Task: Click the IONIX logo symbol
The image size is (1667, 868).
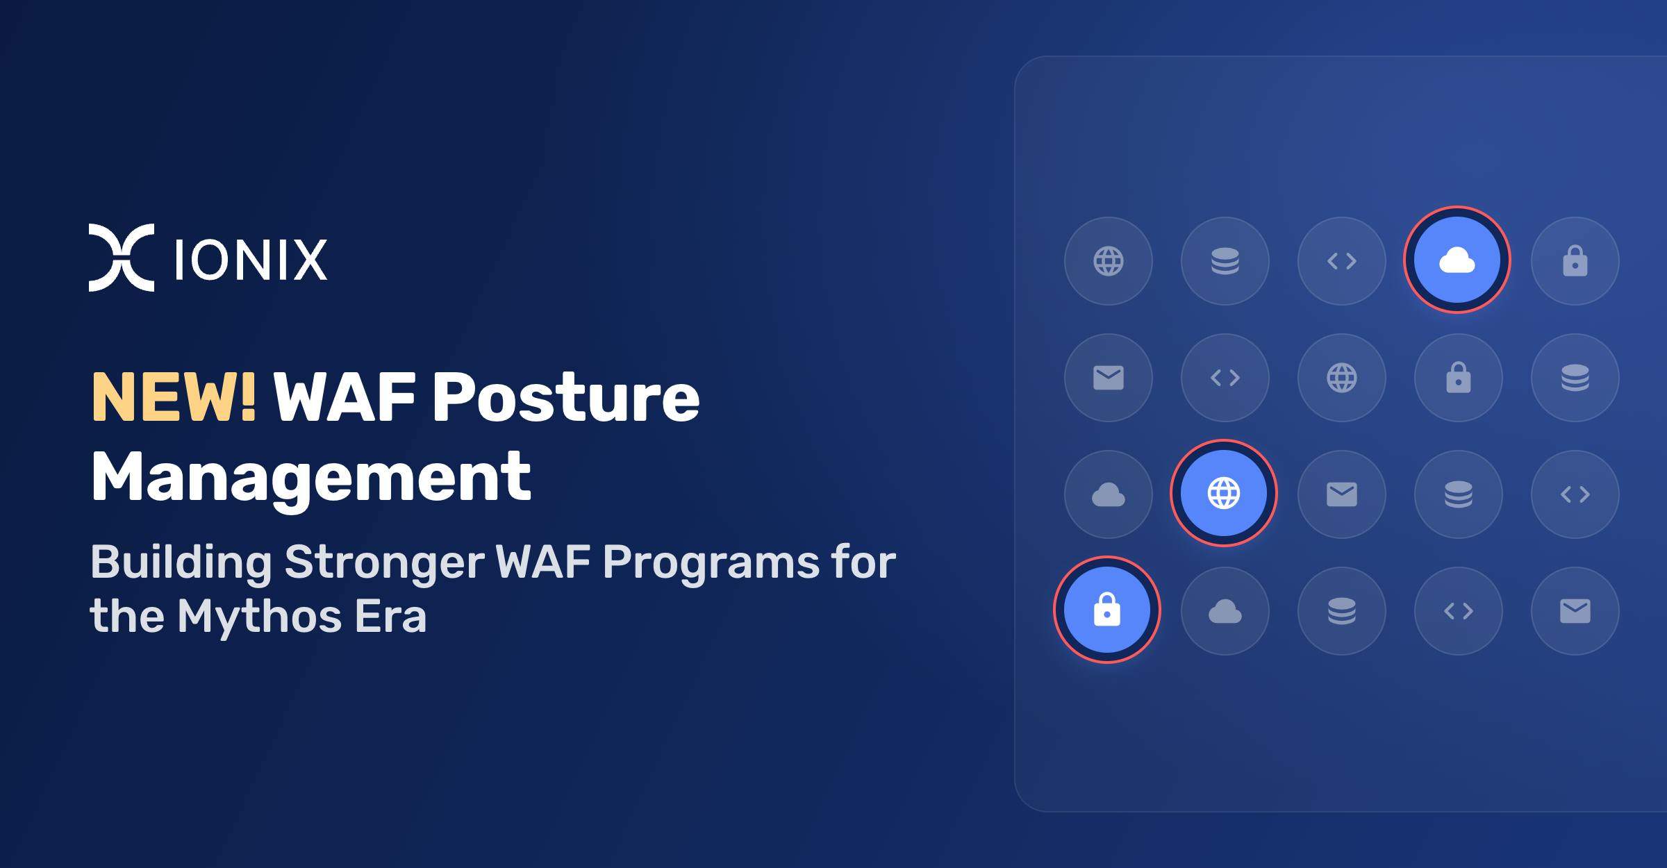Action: coord(122,258)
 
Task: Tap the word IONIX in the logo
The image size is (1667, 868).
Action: coord(251,260)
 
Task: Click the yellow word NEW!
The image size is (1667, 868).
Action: coord(174,397)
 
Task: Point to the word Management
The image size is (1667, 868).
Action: coord(311,478)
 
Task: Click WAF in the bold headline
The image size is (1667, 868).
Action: coord(344,397)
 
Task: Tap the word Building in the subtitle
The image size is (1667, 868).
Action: coord(181,563)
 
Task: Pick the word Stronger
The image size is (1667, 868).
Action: coord(384,563)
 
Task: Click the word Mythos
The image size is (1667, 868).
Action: coord(259,616)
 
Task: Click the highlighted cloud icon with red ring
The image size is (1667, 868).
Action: coord(1457,260)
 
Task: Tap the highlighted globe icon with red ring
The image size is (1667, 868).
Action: coord(1224,493)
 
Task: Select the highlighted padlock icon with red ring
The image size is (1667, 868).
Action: coord(1107,610)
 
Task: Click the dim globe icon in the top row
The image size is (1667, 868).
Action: coord(1109,261)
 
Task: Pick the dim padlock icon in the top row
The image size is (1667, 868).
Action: coord(1575,261)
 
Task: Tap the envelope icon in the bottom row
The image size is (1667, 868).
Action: coord(1575,611)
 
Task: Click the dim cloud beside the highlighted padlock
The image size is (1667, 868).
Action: coord(1225,611)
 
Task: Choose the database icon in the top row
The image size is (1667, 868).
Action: coord(1225,261)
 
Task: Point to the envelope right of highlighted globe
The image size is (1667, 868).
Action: coord(1342,494)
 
